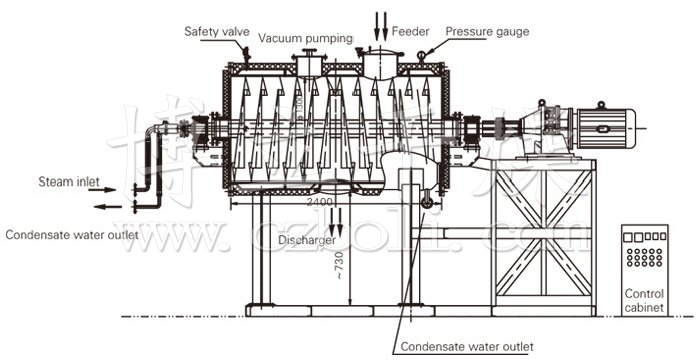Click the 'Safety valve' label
(216, 32)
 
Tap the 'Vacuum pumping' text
(306, 38)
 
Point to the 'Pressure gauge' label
(487, 31)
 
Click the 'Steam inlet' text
(69, 182)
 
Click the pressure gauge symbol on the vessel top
(424, 54)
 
